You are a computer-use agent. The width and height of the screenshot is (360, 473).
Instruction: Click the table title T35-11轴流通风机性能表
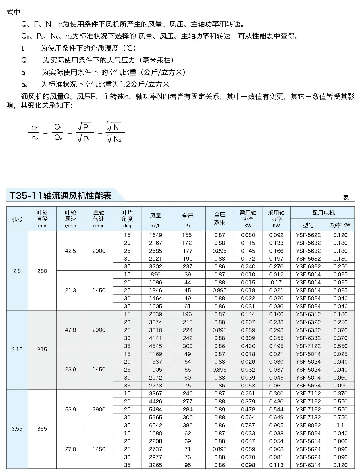(x=60, y=196)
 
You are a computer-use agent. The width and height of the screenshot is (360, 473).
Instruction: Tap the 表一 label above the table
(x=349, y=197)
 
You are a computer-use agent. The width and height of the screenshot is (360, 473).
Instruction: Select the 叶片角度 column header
(x=127, y=219)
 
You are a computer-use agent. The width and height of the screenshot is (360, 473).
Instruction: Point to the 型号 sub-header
(x=308, y=225)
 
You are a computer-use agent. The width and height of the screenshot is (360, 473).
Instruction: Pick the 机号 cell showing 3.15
(x=17, y=350)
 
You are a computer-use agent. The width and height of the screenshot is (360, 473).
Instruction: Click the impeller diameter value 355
(x=42, y=429)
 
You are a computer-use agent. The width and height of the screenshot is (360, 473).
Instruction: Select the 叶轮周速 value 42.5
(x=70, y=251)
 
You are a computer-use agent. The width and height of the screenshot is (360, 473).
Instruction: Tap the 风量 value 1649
(x=156, y=235)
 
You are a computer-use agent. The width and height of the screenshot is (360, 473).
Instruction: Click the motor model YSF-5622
(x=308, y=235)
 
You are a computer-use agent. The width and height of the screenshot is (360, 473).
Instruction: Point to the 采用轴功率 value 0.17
(x=276, y=282)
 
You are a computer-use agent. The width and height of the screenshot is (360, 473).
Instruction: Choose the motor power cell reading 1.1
(x=340, y=425)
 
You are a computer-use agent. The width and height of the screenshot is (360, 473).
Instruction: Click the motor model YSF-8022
(x=308, y=425)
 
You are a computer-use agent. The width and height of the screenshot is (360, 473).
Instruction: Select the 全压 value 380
(x=188, y=425)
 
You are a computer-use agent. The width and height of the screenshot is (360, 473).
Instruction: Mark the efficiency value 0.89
(x=220, y=409)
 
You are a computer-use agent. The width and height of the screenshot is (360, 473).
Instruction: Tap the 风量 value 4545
(x=156, y=346)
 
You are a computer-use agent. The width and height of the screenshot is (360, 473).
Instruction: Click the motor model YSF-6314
(x=308, y=465)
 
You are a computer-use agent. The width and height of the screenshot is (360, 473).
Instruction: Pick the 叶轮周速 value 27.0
(x=70, y=449)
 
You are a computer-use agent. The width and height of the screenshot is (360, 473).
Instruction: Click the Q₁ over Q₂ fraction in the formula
(x=58, y=133)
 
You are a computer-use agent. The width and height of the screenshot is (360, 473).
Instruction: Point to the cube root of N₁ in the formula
(x=115, y=127)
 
